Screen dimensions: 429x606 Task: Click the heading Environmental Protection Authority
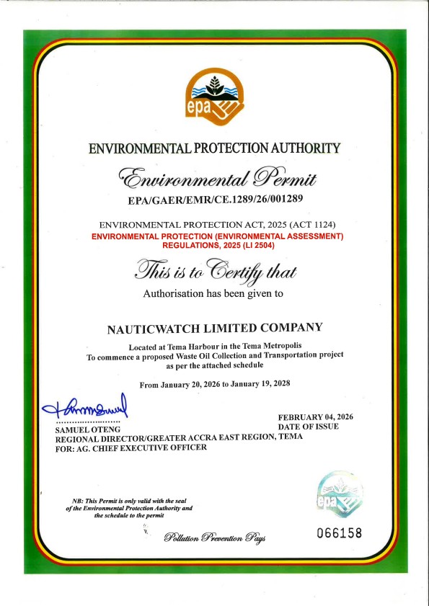coord(213,148)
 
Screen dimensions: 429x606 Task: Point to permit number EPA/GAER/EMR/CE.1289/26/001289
coord(213,197)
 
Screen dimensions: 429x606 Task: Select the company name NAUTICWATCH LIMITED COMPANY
coord(213,328)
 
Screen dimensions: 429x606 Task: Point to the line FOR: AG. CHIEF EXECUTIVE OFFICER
coord(131,447)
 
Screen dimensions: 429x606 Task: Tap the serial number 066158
coord(339,533)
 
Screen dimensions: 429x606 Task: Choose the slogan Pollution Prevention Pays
coord(214,538)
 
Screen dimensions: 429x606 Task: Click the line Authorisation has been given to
coord(213,294)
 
